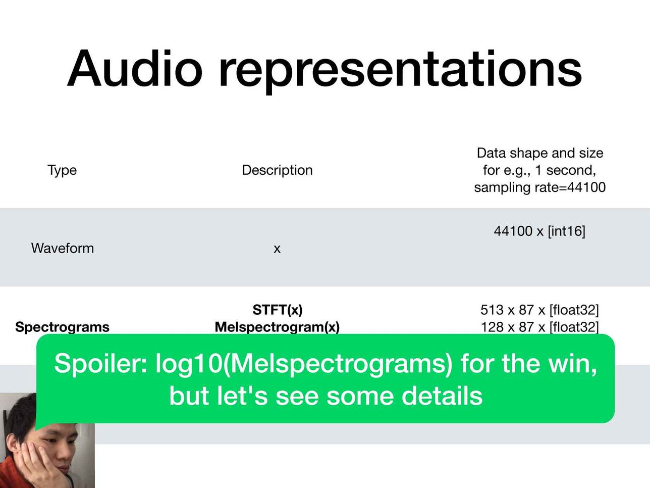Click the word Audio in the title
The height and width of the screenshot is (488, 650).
click(x=135, y=68)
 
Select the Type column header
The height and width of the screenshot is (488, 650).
click(x=62, y=170)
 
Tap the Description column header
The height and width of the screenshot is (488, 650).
click(x=277, y=170)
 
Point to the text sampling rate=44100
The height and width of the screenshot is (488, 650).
click(x=539, y=187)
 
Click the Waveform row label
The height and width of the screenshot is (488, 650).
click(x=63, y=248)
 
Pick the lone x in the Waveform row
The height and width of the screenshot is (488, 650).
click(x=277, y=249)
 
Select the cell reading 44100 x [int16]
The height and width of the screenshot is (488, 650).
click(x=539, y=231)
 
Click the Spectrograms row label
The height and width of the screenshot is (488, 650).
click(x=62, y=327)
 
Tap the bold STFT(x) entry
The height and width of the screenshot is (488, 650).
click(x=278, y=310)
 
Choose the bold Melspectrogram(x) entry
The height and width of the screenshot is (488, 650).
click(x=277, y=327)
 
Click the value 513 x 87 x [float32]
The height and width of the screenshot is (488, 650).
click(x=539, y=310)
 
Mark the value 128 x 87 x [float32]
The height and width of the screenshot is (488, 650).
click(x=539, y=327)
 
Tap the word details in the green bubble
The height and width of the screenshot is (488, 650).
click(x=442, y=396)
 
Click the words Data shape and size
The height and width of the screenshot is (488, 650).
click(x=540, y=153)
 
